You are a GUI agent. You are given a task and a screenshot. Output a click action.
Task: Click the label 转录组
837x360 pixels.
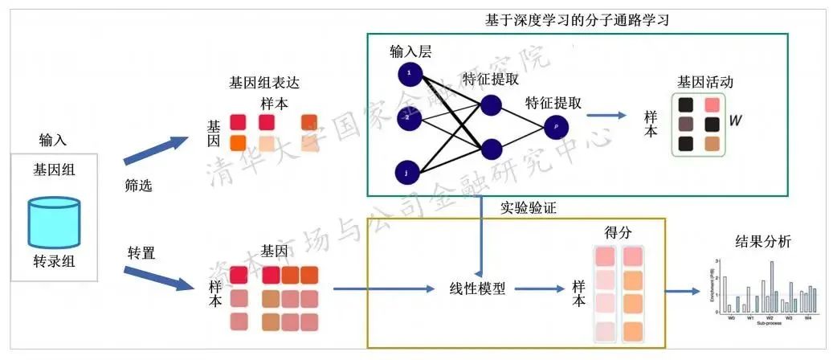55,261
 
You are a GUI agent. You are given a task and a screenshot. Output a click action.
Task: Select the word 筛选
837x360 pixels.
138,186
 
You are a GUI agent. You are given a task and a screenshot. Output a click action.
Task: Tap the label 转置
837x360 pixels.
141,252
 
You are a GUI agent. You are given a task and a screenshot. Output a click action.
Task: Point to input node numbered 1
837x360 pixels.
409,74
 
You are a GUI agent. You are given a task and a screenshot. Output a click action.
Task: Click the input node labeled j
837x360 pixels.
408,171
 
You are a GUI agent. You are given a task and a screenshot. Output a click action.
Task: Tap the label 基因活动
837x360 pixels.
704,83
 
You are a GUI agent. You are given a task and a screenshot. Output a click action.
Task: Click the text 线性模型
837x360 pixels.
477,288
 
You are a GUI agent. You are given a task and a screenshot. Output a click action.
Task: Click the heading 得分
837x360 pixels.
618,232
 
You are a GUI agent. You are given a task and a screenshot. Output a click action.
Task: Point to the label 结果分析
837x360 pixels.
762,240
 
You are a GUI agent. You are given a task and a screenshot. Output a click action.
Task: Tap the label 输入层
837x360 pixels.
410,52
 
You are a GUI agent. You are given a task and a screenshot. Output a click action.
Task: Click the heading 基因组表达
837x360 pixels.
263,83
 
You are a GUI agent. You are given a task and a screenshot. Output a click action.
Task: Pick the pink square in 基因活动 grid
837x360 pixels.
712,105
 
